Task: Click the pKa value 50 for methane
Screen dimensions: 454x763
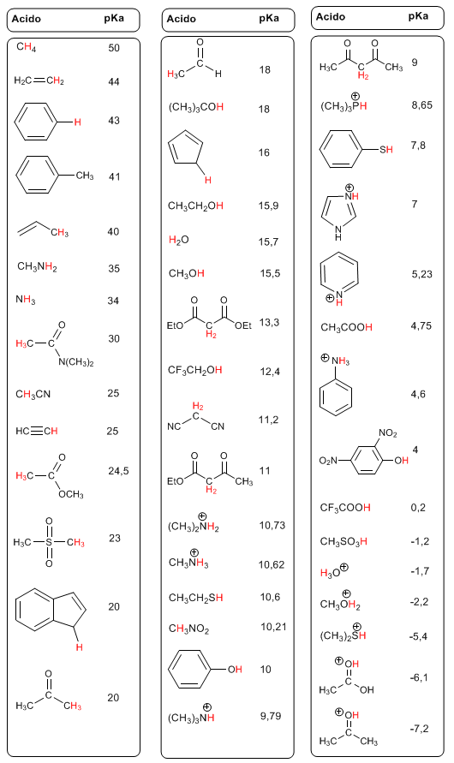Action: [x=114, y=48]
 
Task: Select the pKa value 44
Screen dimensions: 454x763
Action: [x=114, y=81]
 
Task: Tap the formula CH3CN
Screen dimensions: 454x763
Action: [x=33, y=394]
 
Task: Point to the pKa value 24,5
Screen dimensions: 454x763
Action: [x=118, y=471]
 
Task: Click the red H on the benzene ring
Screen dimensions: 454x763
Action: [x=77, y=122]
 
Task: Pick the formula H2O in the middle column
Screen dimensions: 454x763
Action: [x=178, y=240]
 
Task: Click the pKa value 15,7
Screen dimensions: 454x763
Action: [x=268, y=241]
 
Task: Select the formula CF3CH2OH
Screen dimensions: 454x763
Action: [x=195, y=370]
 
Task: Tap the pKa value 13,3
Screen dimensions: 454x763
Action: [x=269, y=323]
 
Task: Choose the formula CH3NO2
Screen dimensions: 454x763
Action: [x=188, y=629]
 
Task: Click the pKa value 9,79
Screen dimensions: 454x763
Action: [x=271, y=716]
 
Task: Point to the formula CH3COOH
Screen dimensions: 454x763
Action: [x=346, y=327]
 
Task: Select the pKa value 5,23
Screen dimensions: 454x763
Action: [x=422, y=274]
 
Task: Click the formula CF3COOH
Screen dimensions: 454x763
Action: [x=345, y=508]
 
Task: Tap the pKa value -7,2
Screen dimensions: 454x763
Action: [x=420, y=729]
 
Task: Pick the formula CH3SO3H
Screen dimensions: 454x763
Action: [x=343, y=541]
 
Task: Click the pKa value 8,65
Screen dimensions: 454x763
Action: [x=422, y=105]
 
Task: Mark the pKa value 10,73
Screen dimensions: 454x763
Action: [x=272, y=526]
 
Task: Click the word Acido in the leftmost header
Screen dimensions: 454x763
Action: [x=27, y=20]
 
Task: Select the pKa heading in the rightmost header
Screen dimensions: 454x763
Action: [x=419, y=16]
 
